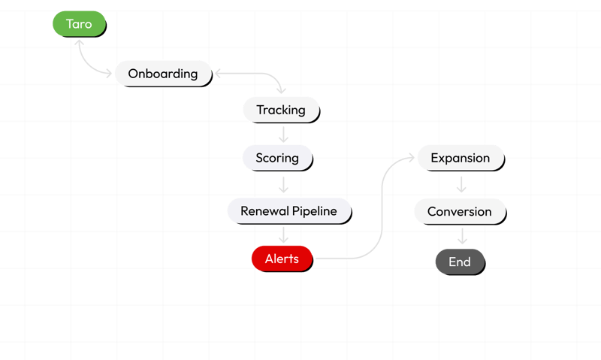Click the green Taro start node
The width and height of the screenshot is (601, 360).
point(79,24)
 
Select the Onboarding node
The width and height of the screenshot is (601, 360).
point(162,74)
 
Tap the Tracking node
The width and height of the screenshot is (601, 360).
point(281,110)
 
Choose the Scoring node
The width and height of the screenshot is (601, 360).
point(277,159)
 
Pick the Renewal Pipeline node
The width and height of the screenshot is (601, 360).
point(289,211)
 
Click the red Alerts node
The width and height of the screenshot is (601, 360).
point(282,259)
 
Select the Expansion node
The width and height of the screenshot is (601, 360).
point(461,158)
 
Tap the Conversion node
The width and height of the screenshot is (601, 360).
point(459,212)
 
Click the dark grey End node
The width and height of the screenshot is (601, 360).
point(460,262)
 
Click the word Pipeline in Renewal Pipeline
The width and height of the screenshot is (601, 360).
point(318,211)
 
